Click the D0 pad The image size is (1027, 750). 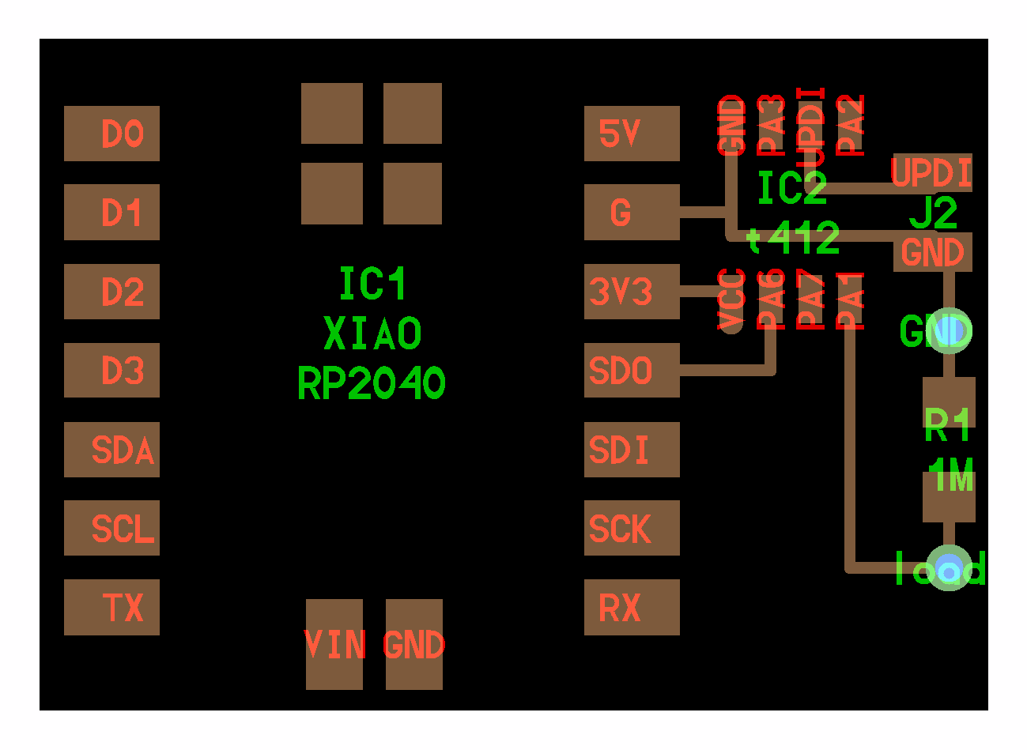point(111,134)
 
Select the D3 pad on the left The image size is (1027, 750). point(111,371)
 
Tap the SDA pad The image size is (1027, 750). point(111,450)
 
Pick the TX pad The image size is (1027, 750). point(111,608)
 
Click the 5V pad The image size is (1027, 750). point(632,134)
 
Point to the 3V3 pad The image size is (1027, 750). point(632,292)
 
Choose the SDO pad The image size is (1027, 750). point(632,371)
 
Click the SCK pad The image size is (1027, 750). point(632,529)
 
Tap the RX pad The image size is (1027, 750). point(632,608)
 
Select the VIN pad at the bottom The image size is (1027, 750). point(334,645)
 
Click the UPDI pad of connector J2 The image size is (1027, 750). point(932,172)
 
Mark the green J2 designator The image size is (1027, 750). point(934,212)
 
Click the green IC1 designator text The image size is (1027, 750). point(372,284)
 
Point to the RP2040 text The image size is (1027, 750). point(372,384)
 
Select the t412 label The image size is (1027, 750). point(793,239)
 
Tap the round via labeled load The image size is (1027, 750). point(948,568)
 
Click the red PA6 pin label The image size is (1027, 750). point(772,300)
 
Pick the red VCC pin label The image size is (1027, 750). point(732,300)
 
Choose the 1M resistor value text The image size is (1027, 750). point(951,476)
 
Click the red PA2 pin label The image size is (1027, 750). point(851,125)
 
